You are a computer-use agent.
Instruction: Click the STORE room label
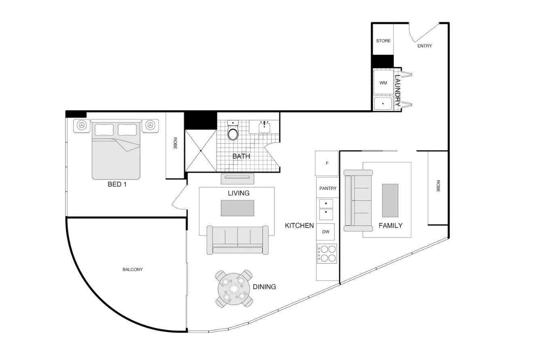[383, 41]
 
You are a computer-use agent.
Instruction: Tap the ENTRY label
[424, 46]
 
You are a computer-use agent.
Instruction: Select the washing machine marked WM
[383, 83]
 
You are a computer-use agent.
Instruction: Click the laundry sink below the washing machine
[383, 103]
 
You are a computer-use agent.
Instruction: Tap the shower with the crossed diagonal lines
[201, 151]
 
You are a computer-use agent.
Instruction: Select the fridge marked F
[327, 163]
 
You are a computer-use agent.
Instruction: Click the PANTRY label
[328, 188]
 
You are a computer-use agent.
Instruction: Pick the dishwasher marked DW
[326, 232]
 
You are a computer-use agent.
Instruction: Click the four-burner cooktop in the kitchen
[327, 254]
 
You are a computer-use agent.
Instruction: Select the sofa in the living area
[237, 240]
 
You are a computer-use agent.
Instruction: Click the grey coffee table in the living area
[237, 208]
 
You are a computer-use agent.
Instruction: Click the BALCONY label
[133, 269]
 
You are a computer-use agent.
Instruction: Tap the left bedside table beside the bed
[82, 126]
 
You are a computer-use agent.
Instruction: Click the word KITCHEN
[299, 225]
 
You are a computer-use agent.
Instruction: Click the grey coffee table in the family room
[390, 200]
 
